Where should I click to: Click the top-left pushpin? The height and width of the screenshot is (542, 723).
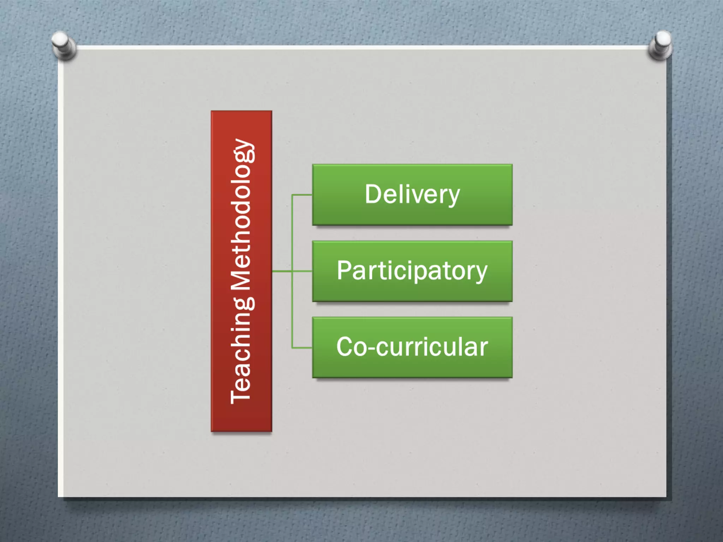(x=64, y=45)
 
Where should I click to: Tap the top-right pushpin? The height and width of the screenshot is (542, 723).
(x=660, y=45)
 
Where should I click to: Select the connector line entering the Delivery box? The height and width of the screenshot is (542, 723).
(x=302, y=195)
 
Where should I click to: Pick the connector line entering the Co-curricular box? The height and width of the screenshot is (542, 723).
(x=302, y=348)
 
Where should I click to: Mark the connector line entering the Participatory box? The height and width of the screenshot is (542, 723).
(x=302, y=271)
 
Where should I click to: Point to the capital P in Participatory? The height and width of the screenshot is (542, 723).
(x=344, y=270)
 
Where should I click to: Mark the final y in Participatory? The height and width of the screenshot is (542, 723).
(x=480, y=273)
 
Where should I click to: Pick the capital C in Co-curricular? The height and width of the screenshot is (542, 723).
(x=345, y=347)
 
